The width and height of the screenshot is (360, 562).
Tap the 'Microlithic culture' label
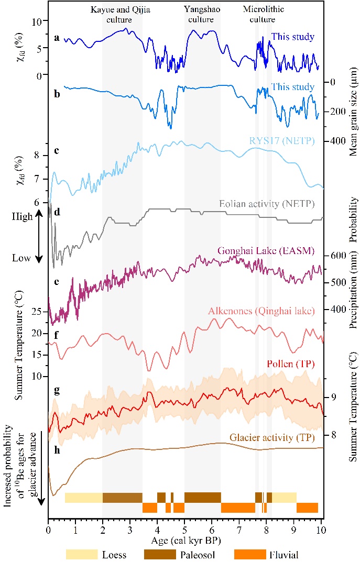click(x=259, y=15)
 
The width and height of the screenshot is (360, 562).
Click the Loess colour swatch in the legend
click(x=83, y=553)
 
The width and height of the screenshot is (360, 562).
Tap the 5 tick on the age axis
click(x=184, y=530)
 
